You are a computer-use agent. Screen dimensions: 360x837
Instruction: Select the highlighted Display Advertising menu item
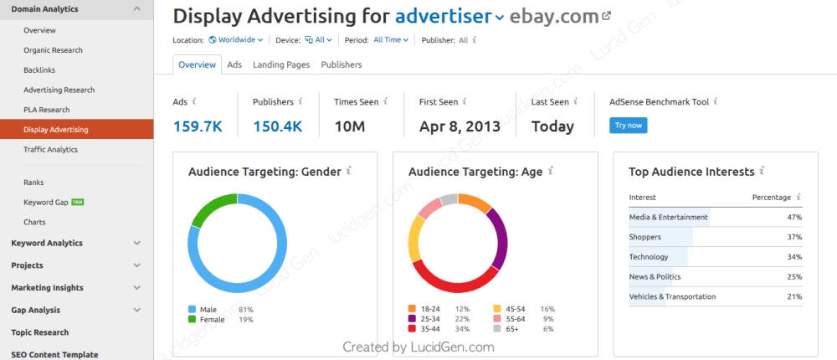[56, 130]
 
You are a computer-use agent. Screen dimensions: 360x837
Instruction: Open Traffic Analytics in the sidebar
[50, 150]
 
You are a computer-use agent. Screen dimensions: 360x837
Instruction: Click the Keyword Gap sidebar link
[45, 203]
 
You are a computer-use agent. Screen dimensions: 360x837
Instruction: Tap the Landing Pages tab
[281, 64]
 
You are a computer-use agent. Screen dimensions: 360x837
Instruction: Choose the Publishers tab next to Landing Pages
[341, 64]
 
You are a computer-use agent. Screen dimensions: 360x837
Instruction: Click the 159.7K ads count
[198, 126]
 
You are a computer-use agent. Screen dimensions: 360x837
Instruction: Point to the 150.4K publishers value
[277, 126]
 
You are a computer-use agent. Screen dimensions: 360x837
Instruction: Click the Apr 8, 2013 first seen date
[460, 126]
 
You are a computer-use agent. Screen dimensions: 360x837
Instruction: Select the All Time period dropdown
[390, 39]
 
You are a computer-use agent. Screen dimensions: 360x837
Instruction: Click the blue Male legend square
[193, 309]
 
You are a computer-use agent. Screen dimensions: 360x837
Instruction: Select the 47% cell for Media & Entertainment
[793, 217]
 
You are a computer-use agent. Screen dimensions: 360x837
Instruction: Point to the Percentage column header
[771, 198]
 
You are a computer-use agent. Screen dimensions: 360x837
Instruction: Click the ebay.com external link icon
[607, 16]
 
